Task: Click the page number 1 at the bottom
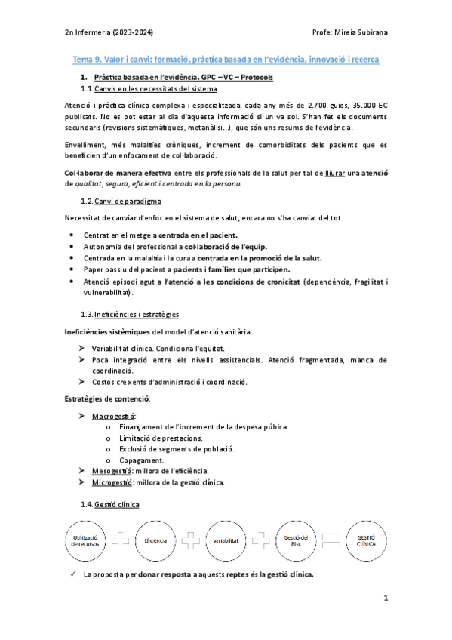(x=385, y=599)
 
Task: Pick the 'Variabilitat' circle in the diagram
(x=226, y=540)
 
